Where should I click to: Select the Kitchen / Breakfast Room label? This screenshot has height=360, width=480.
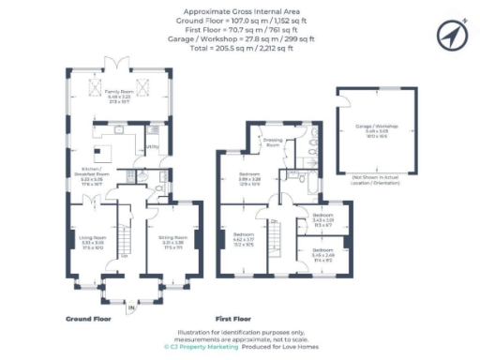92,172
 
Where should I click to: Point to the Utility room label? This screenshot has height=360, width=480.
151,147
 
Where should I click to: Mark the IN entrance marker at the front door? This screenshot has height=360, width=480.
131,307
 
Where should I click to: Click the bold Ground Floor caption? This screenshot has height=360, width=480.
90,319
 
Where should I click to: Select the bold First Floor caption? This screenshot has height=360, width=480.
236,319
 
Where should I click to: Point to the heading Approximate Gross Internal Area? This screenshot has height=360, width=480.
240,11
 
